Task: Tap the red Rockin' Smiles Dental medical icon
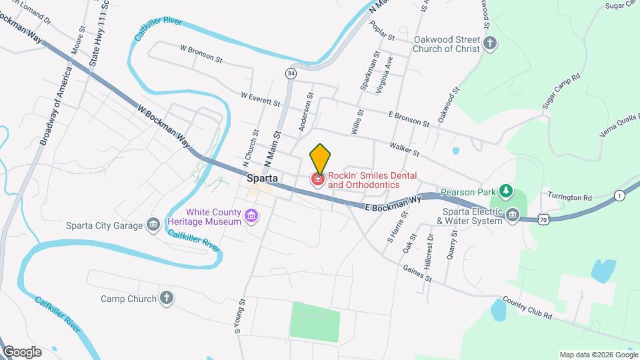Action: click(x=318, y=179)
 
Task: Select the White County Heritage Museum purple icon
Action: click(x=251, y=215)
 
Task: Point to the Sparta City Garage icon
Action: click(x=153, y=225)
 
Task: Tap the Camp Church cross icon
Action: click(x=167, y=298)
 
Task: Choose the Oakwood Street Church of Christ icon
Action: click(x=491, y=44)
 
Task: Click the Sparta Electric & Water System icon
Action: click(x=513, y=214)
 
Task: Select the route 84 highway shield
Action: click(x=291, y=72)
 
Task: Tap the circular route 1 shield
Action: click(x=620, y=195)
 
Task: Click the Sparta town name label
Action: click(x=262, y=178)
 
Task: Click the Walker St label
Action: click(x=405, y=149)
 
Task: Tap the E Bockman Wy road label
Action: click(x=394, y=203)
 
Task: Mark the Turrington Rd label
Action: click(x=569, y=197)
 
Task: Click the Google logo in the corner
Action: click(x=22, y=351)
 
